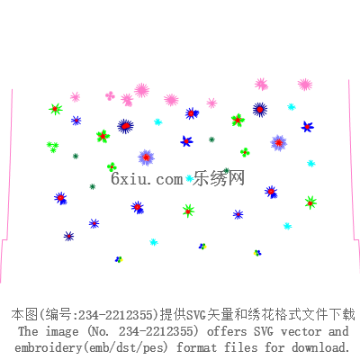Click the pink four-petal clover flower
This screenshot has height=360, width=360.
pyautogui.click(x=110, y=95)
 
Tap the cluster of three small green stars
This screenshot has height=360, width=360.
pyautogui.click(x=52, y=147)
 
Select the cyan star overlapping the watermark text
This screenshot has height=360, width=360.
pyautogui.click(x=189, y=178)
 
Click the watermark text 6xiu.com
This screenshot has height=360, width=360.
pyautogui.click(x=147, y=179)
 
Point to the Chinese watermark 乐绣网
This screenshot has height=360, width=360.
pyautogui.click(x=219, y=178)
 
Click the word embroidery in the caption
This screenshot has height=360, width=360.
pyautogui.click(x=49, y=348)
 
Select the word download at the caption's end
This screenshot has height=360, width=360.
pyautogui.click(x=320, y=347)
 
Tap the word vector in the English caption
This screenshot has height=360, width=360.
pyautogui.click(x=301, y=331)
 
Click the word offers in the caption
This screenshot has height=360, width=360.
pyautogui.click(x=227, y=331)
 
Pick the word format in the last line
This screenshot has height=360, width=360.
pyautogui.click(x=196, y=347)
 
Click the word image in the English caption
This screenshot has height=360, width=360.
pyautogui.click(x=62, y=332)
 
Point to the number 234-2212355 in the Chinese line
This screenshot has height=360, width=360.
pyautogui.click(x=115, y=315)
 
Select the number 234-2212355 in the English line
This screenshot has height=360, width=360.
pyautogui.click(x=155, y=331)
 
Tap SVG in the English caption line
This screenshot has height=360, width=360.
pyautogui.click(x=264, y=331)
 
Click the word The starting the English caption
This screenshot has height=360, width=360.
pyautogui.click(x=28, y=331)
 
